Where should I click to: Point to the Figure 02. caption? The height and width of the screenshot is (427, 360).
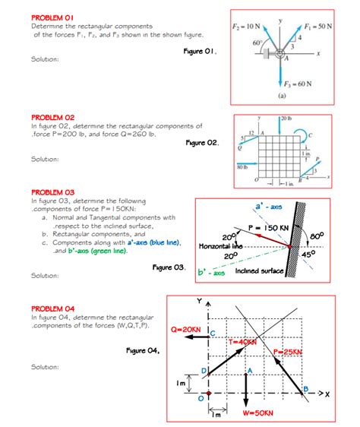coord(202,143)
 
